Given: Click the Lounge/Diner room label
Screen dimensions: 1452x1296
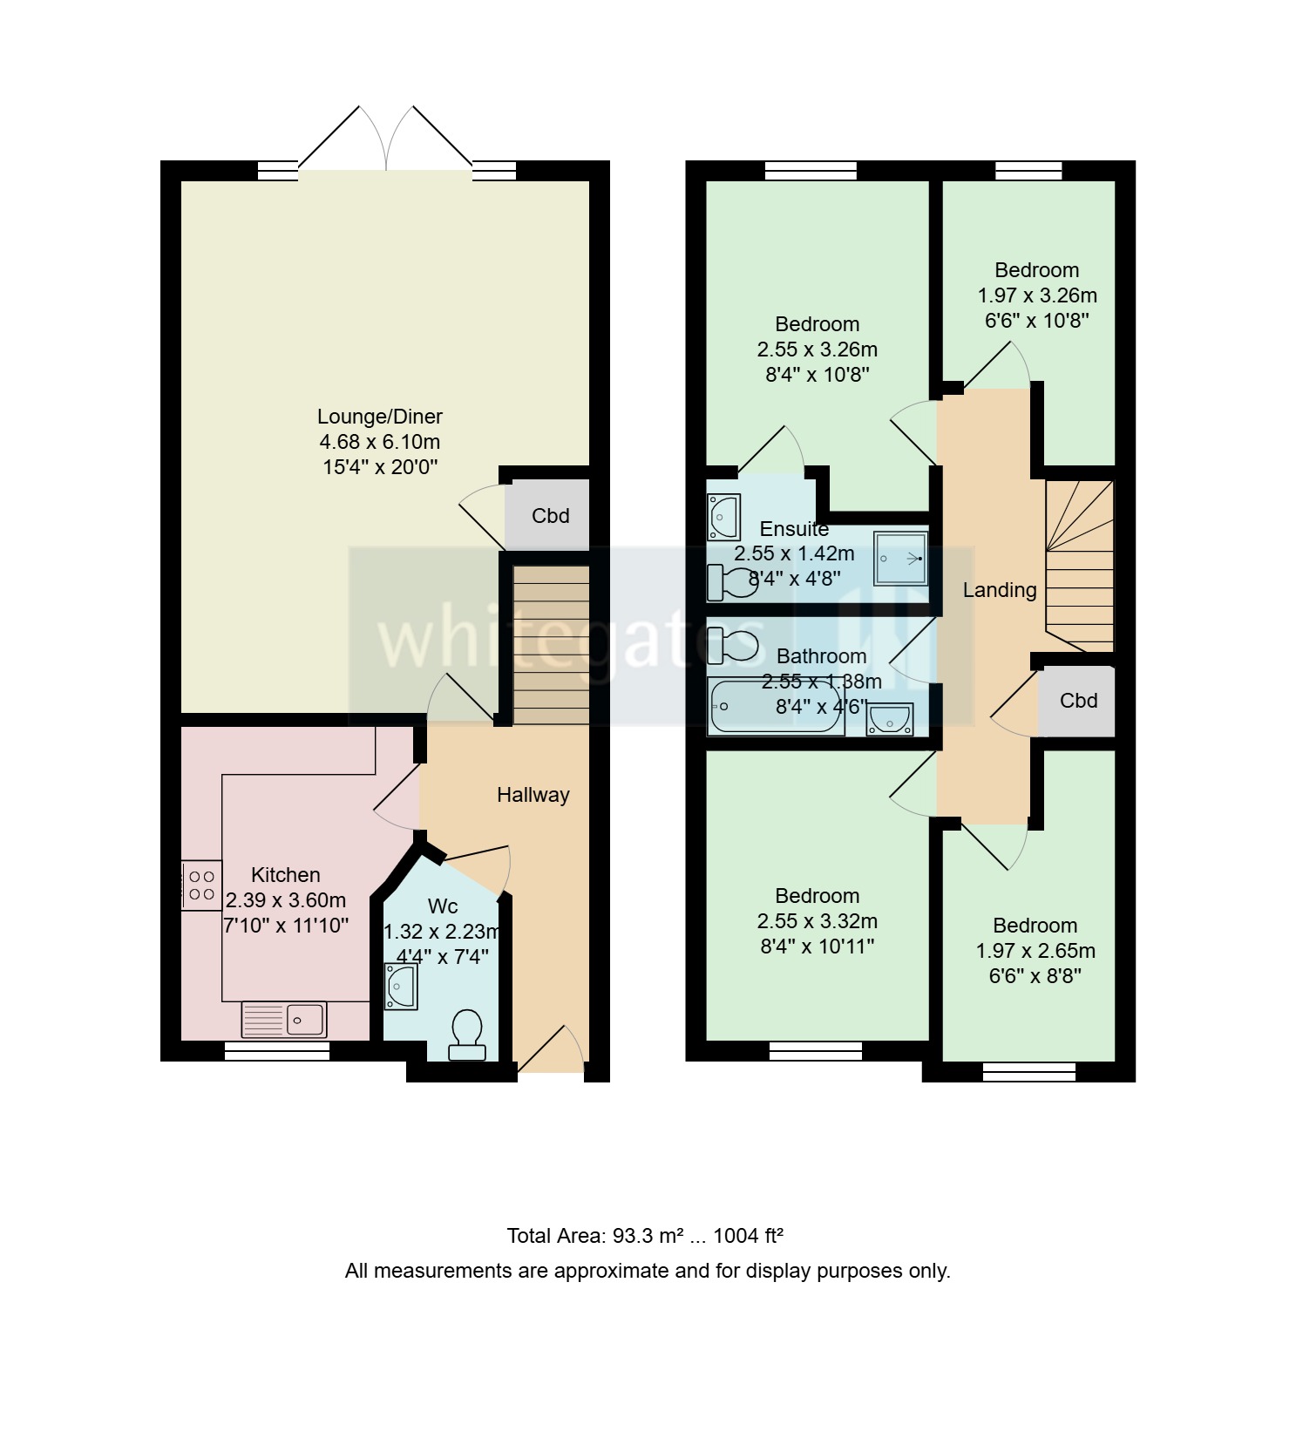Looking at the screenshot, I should coord(379,417).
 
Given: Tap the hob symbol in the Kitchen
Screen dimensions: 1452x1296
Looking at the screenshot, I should coord(201,885).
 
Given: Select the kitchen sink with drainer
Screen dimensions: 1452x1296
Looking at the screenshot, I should coord(284,1019).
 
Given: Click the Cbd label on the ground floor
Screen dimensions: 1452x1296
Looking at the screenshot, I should coord(550,516).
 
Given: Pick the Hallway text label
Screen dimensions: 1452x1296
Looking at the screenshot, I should coord(533,795).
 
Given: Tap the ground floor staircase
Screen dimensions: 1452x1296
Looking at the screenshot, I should coord(551,645).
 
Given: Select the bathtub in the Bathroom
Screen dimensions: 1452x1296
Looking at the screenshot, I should coord(775,706).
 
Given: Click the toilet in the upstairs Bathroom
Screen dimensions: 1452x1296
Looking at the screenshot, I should coord(732,646).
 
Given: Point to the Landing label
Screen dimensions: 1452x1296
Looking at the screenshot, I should coord(999,590).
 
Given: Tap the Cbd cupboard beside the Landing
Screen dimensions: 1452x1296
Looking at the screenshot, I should coord(1077,701).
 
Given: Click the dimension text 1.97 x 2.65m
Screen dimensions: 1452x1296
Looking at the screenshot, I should coord(1035,951).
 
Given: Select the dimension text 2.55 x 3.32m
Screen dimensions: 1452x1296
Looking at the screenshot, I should coord(817,921).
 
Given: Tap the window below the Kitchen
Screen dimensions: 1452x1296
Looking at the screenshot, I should coord(277,1053).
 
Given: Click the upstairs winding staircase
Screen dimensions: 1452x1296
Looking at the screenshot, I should coord(1079,567).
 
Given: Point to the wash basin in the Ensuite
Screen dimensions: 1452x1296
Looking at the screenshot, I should coord(723,516).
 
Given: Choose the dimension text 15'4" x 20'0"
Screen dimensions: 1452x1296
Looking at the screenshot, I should coord(379,467).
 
